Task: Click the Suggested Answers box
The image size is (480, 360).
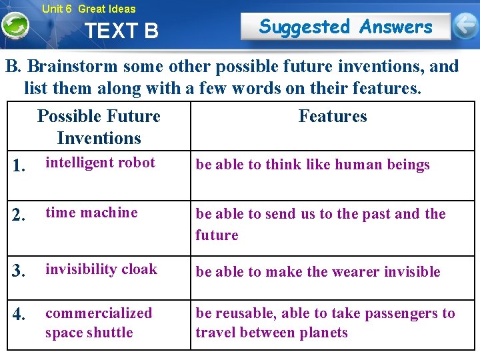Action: [345, 27]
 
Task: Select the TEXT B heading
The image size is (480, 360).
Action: [122, 31]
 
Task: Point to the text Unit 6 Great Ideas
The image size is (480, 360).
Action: [88, 9]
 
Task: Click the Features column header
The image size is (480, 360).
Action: [332, 116]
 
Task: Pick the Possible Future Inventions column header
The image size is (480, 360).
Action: [99, 127]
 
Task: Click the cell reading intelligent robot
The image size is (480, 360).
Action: [100, 163]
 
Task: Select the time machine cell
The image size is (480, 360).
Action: [91, 213]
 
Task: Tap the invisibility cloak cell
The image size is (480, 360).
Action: [101, 269]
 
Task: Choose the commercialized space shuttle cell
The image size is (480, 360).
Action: [99, 323]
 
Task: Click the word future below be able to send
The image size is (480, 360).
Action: [217, 235]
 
